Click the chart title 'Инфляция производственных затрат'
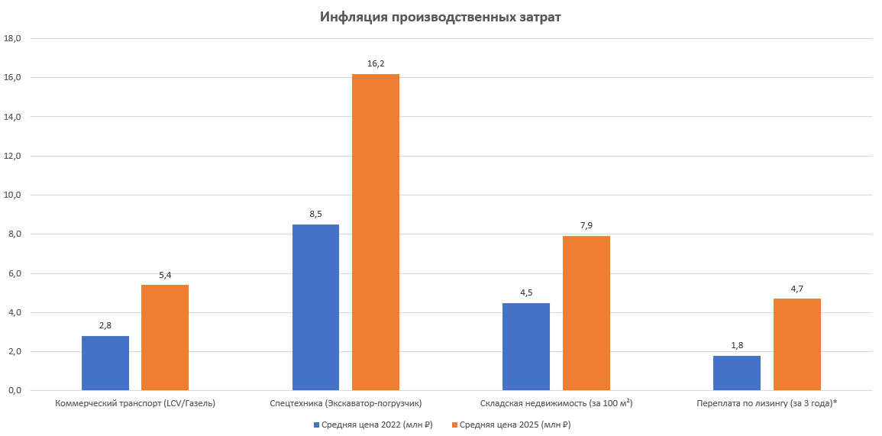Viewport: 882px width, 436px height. point(440,17)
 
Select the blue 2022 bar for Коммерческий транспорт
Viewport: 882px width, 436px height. point(105,363)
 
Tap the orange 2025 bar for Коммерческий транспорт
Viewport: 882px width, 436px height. point(165,337)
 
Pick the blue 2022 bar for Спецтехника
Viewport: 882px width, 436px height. point(316,307)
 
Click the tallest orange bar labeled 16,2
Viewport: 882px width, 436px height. point(376,232)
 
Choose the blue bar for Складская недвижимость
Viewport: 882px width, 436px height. point(526,347)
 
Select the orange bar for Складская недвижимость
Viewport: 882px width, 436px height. point(586,313)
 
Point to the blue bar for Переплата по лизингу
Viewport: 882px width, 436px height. point(737,373)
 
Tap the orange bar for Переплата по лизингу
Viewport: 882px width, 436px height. point(797,344)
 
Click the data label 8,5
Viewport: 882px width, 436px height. point(316,215)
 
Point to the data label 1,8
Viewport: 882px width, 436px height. point(737,345)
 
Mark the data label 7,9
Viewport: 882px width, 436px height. point(586,225)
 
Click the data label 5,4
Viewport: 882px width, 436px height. point(165,275)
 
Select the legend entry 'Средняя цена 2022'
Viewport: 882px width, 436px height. point(372,425)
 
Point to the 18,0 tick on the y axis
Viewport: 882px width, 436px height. point(14,38)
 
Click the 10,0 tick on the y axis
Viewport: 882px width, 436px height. point(14,195)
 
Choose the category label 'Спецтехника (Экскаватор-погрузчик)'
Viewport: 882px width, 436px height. point(346,402)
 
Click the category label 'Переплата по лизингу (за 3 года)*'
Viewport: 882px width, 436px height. point(767,402)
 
